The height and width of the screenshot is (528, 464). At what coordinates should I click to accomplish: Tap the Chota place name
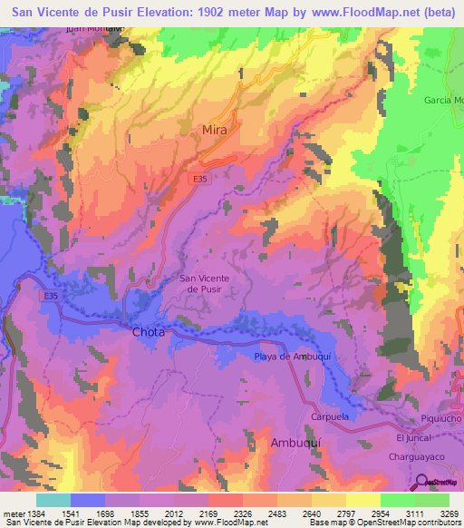(x=149, y=332)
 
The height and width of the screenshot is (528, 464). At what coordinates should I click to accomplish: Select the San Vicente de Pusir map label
(x=205, y=283)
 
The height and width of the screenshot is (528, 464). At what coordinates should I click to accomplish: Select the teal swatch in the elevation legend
(x=53, y=499)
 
